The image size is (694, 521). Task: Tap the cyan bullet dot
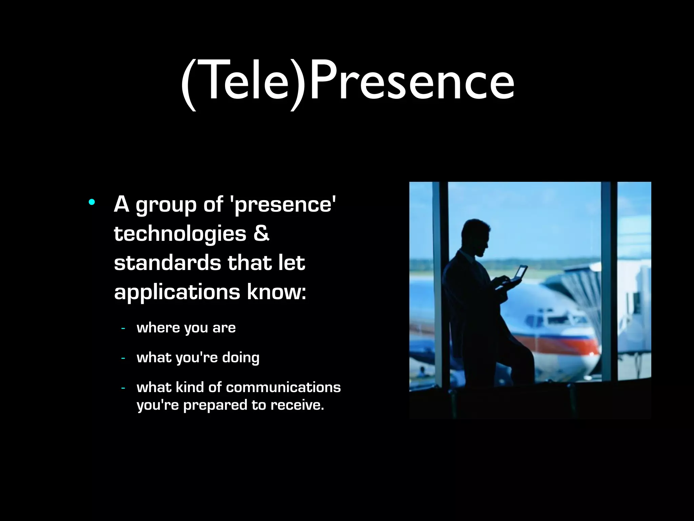click(91, 202)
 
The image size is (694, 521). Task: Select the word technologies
click(180, 234)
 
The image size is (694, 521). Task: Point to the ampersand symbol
click(261, 233)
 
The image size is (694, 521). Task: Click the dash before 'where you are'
click(123, 328)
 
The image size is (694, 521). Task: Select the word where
click(158, 328)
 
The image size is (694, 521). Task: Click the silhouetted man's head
click(476, 237)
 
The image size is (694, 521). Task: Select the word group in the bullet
click(166, 206)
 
